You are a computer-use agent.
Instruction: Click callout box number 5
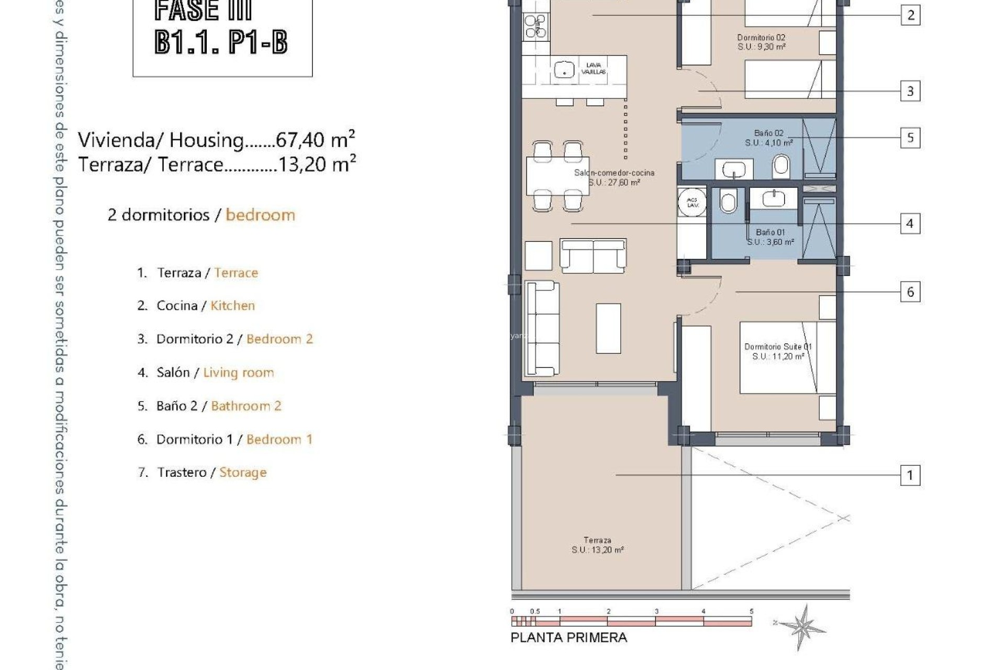click(910, 138)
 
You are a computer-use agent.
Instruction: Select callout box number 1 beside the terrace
click(910, 475)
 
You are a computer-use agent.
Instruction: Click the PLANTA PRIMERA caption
click(568, 638)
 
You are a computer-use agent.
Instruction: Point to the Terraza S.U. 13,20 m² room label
click(597, 545)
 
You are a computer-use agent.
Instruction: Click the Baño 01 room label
click(770, 237)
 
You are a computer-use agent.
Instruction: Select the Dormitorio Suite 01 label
click(778, 351)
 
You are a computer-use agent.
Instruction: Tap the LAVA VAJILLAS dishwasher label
click(594, 69)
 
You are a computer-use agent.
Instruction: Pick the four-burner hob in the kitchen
click(536, 26)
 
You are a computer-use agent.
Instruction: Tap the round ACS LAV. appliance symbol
click(693, 203)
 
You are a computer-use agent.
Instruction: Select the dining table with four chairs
click(557, 176)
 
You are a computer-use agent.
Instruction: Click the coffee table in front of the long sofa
click(608, 328)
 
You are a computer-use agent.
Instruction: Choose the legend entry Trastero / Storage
click(202, 473)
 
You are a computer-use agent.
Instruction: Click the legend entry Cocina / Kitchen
click(196, 306)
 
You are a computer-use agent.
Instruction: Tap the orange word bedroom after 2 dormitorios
click(260, 215)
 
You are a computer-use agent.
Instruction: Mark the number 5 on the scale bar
click(751, 611)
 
